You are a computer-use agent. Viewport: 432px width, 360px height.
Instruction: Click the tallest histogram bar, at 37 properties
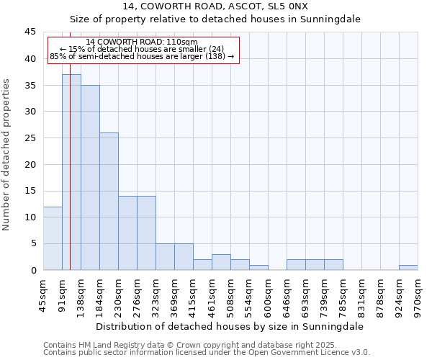(71, 172)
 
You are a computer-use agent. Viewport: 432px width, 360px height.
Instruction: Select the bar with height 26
(109, 201)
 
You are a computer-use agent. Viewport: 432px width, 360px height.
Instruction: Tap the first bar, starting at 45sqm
(53, 238)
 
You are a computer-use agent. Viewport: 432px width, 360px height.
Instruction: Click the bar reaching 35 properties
(90, 177)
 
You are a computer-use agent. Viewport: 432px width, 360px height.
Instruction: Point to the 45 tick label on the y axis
(30, 32)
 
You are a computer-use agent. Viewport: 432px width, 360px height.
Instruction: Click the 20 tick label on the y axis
(30, 164)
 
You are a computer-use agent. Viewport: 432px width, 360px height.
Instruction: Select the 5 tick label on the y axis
(33, 243)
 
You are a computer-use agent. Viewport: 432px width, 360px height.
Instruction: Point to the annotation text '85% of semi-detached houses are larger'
(142, 56)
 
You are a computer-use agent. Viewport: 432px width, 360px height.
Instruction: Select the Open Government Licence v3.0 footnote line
(207, 353)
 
